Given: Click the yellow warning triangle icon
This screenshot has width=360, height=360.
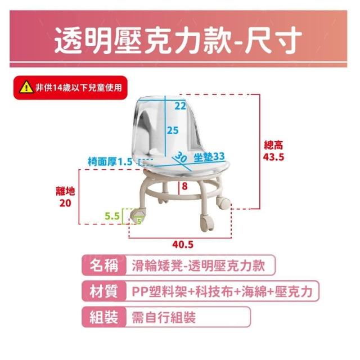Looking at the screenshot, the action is tap(26, 87).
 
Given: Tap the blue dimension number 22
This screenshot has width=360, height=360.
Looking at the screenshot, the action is tap(180, 106).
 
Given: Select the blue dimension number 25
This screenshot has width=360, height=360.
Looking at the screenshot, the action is tap(173, 130).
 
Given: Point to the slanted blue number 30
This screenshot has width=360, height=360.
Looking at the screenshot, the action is tap(181, 157).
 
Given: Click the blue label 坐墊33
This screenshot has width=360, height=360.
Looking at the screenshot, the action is tap(209, 156).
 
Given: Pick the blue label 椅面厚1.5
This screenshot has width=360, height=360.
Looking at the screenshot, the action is tap(110, 161).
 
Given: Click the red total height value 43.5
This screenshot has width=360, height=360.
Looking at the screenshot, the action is tap(273, 157).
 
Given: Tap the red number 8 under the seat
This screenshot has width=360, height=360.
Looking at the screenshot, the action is tap(184, 186).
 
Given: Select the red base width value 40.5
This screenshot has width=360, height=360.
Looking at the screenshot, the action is tap(183, 245).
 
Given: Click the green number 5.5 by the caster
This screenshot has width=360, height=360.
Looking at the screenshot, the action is tap(112, 216).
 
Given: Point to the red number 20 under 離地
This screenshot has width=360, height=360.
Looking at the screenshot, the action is tap(65, 203).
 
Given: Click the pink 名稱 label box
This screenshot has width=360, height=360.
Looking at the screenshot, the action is tap(104, 265).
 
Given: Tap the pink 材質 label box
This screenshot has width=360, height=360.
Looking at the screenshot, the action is tap(104, 291).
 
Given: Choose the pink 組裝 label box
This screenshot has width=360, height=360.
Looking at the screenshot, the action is tap(104, 317).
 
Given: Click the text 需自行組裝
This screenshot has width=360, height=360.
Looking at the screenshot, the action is tap(164, 317).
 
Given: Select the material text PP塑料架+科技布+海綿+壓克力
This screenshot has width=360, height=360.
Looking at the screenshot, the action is tap(222, 291).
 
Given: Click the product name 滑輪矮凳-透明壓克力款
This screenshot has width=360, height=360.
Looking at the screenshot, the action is tap(199, 265).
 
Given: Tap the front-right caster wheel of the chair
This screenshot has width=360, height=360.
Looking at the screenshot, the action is tap(207, 222).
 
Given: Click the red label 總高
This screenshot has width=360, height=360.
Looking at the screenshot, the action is tap(273, 145).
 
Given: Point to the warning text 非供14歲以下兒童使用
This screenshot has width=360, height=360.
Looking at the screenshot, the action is tap(79, 88).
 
